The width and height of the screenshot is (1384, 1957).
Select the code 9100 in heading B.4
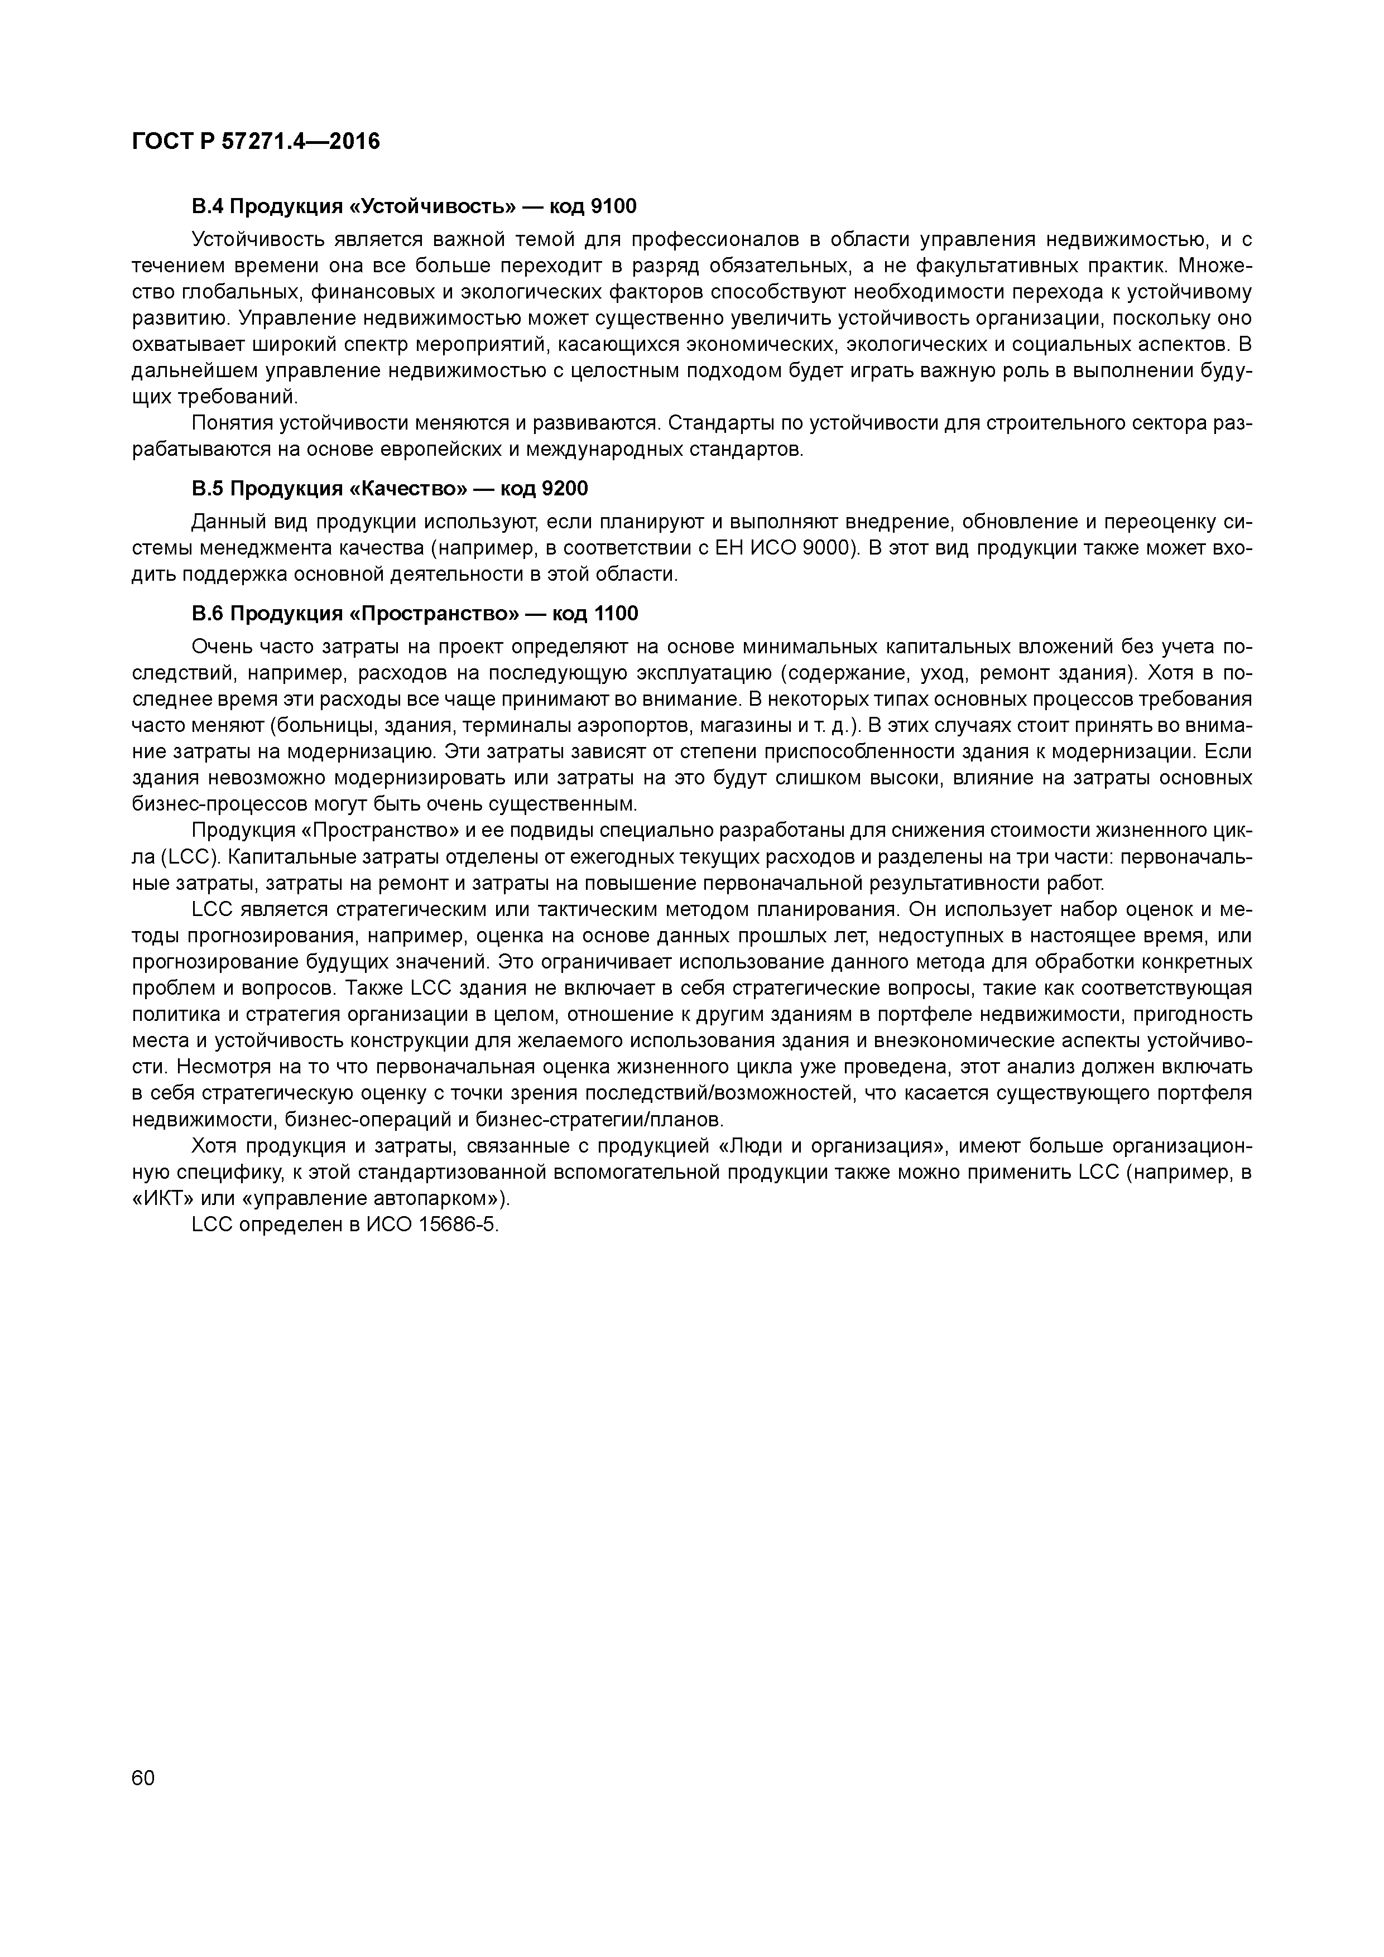(613, 206)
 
